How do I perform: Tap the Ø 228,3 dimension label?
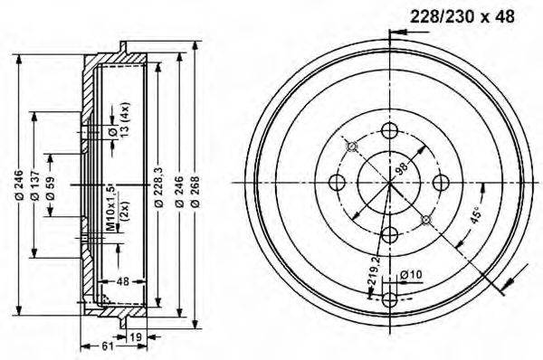[158, 191]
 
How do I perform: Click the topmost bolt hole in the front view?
[390, 131]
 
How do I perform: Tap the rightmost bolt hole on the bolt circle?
[443, 183]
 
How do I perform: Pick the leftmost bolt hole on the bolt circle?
[338, 183]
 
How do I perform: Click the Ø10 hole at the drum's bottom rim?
[390, 301]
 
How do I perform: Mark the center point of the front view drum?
[390, 183]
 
